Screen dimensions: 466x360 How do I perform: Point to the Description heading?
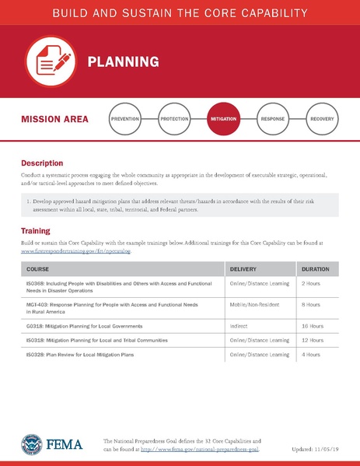(42, 164)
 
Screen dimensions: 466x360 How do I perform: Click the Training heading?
(36, 231)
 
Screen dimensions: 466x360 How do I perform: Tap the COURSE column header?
(38, 268)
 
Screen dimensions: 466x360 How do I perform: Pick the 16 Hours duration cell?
(313, 327)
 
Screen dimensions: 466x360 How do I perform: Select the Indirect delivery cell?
(239, 327)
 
